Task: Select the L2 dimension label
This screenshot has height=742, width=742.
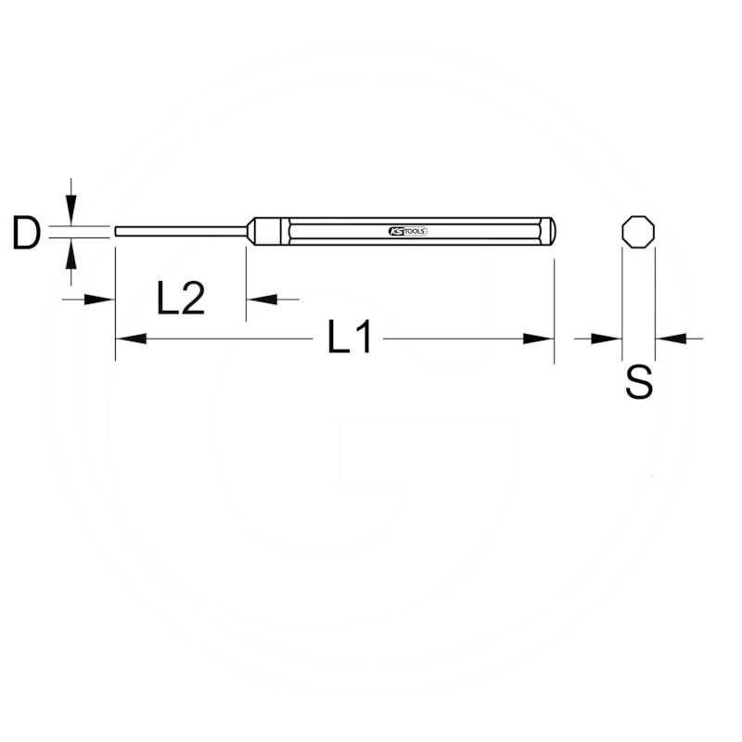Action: [180, 299]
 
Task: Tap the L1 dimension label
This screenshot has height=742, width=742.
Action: [350, 339]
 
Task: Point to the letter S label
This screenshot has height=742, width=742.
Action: [639, 381]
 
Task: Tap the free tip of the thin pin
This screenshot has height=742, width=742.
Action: [117, 231]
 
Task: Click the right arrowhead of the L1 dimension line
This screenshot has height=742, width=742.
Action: [540, 339]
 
